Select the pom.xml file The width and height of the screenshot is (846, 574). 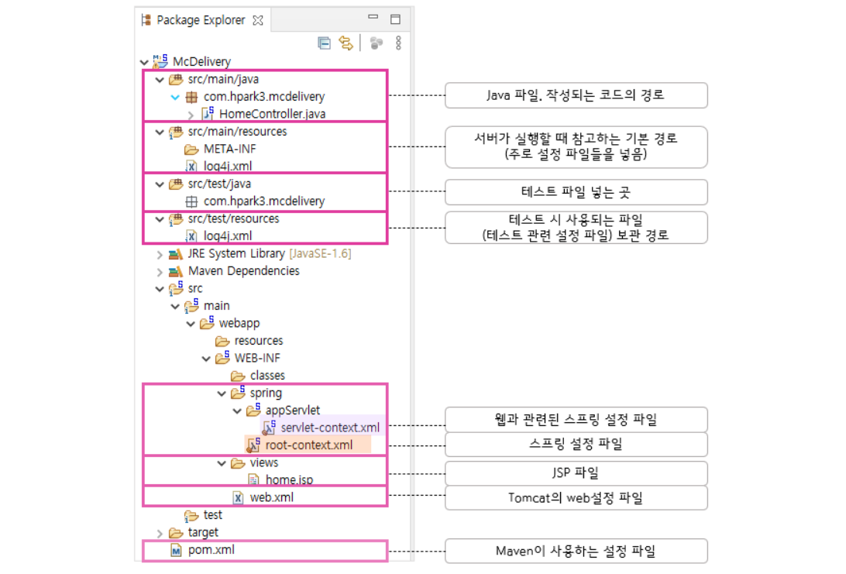point(211,550)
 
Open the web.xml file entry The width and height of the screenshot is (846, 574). point(271,497)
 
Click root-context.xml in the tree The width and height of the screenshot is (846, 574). point(308,445)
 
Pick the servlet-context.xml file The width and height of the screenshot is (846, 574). point(330,428)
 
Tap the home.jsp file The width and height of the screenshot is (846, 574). point(289,480)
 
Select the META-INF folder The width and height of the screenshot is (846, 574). point(229,149)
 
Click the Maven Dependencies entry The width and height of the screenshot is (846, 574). point(243,271)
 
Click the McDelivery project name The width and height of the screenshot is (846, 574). point(201,61)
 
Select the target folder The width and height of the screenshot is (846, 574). point(203,532)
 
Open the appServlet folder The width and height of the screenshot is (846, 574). point(292,410)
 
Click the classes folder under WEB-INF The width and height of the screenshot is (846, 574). point(267,376)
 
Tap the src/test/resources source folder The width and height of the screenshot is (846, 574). point(233,218)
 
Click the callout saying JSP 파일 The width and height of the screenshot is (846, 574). point(576,473)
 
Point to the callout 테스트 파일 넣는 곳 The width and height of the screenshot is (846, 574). point(576,191)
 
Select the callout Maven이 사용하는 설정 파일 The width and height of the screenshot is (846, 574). point(576,551)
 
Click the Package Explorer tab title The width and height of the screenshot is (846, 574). point(201,20)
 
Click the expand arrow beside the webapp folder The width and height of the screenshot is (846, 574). point(191,323)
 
